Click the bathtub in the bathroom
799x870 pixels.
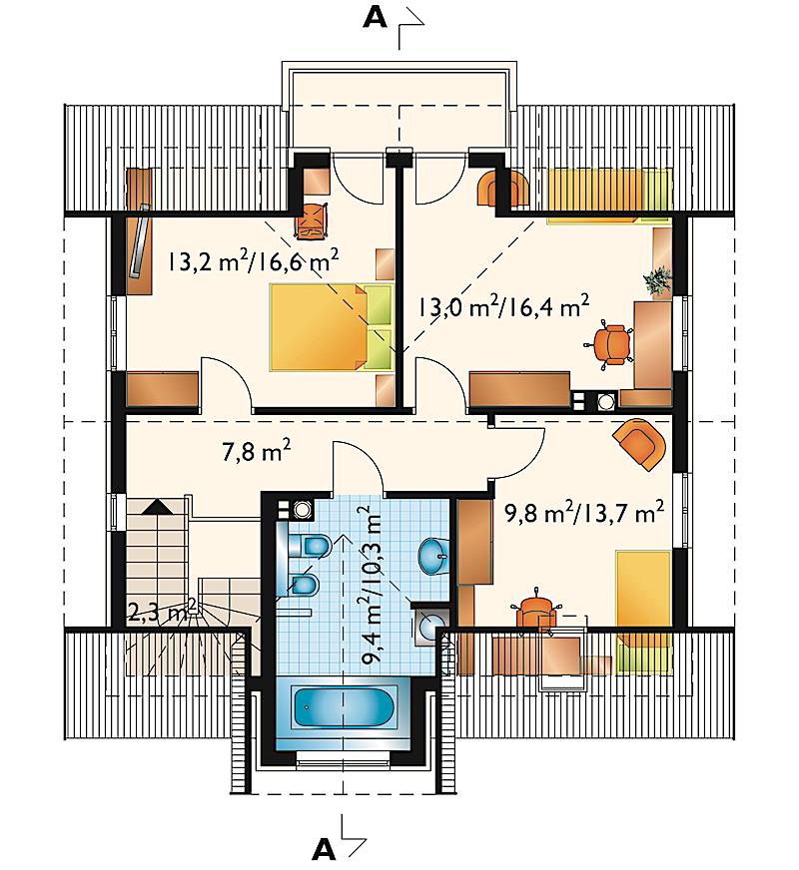coord(344,706)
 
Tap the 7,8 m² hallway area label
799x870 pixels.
coord(256,451)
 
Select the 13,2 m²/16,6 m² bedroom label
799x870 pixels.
coord(254,259)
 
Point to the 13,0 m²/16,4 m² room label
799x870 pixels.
coord(503,304)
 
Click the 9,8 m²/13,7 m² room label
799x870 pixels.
coord(584,512)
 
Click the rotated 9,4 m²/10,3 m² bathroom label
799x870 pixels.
coord(372,586)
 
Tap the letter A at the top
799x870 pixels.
coord(375,18)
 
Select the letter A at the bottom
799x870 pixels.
coord(324,849)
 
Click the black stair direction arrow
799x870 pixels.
coord(159,507)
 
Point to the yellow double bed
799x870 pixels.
coord(332,327)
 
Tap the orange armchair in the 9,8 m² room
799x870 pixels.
coord(640,443)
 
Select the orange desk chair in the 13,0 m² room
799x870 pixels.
coord(609,344)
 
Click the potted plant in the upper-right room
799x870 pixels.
coord(658,280)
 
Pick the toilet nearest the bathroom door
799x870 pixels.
coord(311,545)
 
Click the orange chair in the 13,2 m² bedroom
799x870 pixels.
coord(311,221)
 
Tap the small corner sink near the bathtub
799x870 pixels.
coord(431,626)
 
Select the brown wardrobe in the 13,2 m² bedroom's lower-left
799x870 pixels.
coord(163,389)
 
